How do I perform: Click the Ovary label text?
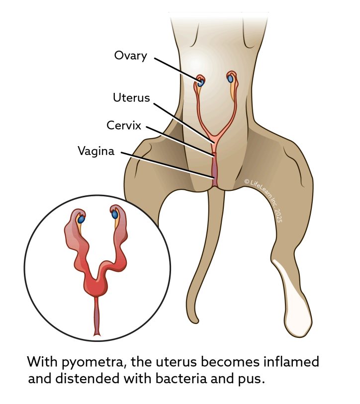point(130,55)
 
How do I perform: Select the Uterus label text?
point(131,97)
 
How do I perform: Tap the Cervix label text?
point(124,125)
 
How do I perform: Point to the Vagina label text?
point(95,151)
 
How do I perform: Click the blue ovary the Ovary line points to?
point(201,82)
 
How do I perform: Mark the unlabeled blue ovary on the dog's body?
point(230,78)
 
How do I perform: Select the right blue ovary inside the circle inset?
point(115,215)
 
